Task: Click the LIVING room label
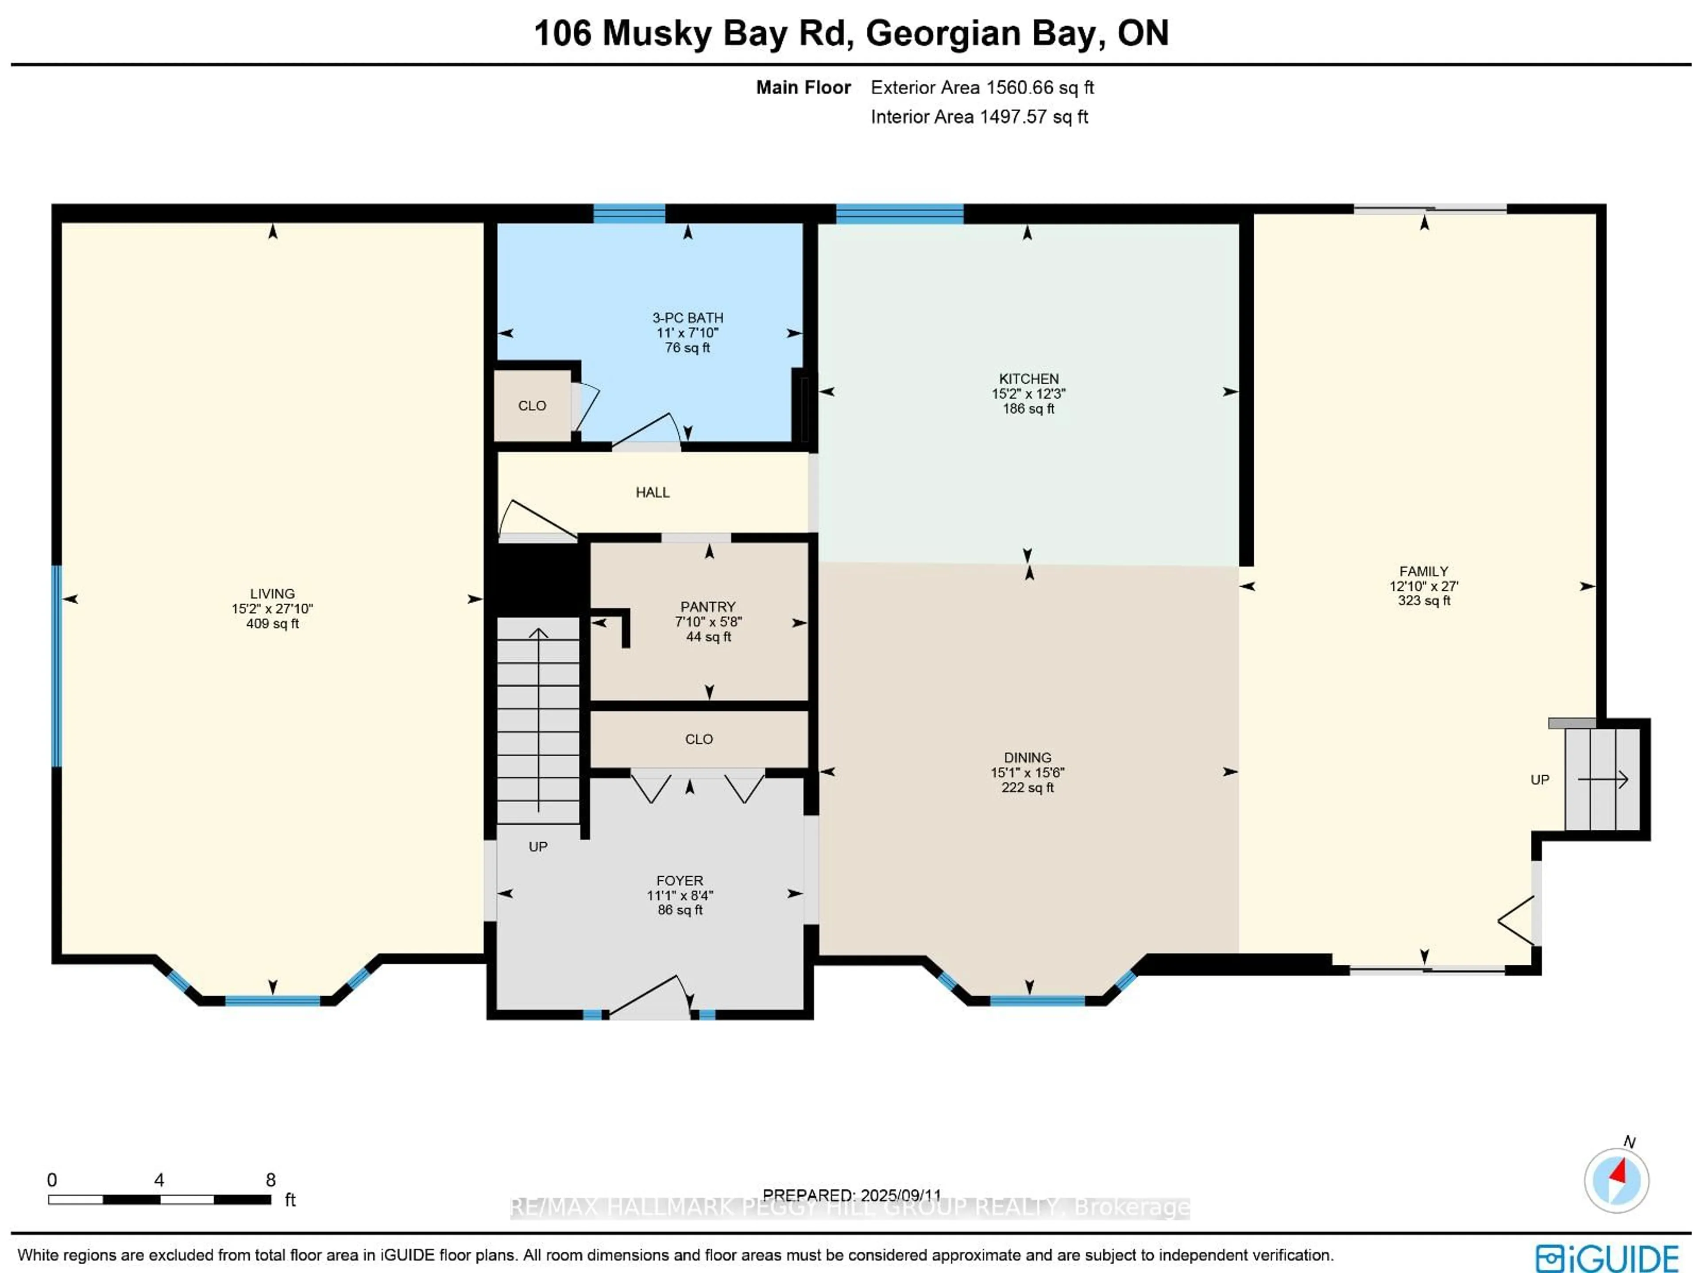point(272,593)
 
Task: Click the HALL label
point(653,492)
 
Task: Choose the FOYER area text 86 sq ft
point(680,910)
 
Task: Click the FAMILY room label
point(1423,571)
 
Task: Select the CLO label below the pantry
point(699,739)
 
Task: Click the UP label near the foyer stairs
point(538,846)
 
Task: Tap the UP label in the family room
point(1539,779)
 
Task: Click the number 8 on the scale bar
point(270,1179)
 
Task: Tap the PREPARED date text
point(851,1196)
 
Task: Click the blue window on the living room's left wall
point(56,666)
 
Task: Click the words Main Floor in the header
point(803,88)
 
